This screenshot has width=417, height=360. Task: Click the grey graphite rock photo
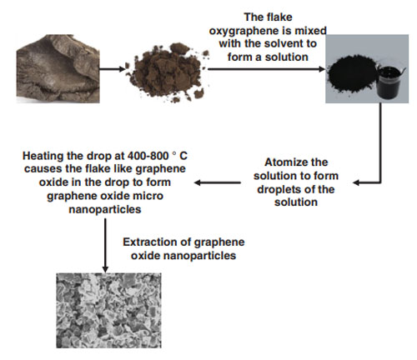tap(58, 68)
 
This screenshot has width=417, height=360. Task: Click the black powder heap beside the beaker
tap(352, 72)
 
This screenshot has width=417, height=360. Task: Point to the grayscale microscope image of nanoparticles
tap(108, 310)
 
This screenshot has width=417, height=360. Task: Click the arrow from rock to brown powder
tap(113, 69)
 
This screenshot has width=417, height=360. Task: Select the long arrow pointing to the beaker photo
tap(267, 69)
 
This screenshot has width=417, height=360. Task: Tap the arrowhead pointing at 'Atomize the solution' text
tap(357, 182)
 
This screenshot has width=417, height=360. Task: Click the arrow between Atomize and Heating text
tap(218, 182)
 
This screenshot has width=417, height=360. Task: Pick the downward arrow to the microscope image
tap(105, 245)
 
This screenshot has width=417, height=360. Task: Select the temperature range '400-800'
tap(148, 156)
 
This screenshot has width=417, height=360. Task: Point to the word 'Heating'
tap(43, 156)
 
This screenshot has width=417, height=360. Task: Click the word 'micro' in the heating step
tap(148, 196)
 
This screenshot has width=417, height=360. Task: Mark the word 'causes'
tap(43, 169)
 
